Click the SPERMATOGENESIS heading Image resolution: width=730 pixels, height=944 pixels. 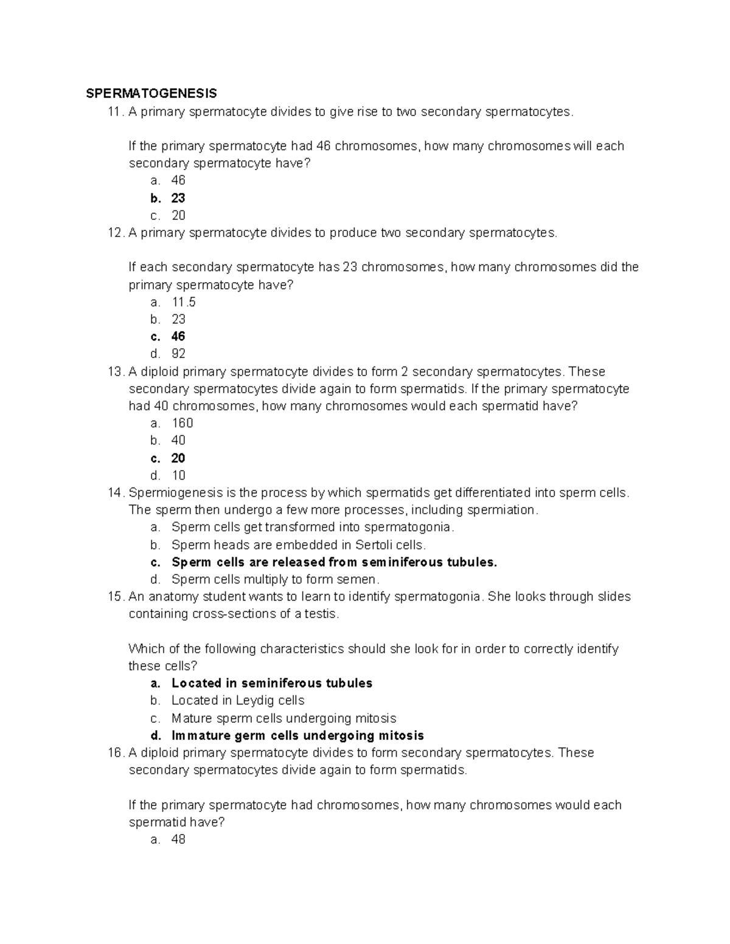click(151, 94)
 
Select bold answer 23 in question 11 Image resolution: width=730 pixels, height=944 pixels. click(178, 198)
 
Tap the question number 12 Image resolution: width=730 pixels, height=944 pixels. click(114, 233)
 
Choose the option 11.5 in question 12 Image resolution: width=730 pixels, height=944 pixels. click(184, 302)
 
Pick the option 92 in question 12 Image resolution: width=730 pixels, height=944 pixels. click(178, 354)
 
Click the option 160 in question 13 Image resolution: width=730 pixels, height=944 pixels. click(182, 423)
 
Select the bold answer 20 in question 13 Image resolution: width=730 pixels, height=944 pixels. click(178, 458)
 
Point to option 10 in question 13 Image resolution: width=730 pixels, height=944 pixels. click(178, 475)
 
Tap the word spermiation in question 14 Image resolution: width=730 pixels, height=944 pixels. click(504, 510)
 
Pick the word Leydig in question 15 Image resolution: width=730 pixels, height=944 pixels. click(253, 700)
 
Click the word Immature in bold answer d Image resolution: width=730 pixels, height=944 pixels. click(197, 736)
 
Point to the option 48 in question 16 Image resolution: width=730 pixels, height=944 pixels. click(178, 839)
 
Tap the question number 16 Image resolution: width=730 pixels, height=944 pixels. click(114, 753)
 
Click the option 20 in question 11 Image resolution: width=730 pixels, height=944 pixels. click(178, 216)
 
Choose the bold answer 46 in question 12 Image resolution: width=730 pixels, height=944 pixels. click(178, 337)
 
